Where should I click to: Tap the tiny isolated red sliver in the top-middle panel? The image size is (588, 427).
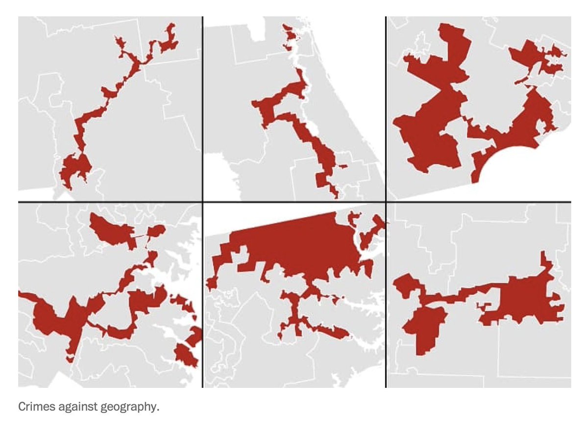click(345, 167)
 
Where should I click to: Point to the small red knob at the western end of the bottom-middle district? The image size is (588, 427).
click(212, 283)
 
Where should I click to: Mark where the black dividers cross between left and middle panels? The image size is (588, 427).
click(202, 201)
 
